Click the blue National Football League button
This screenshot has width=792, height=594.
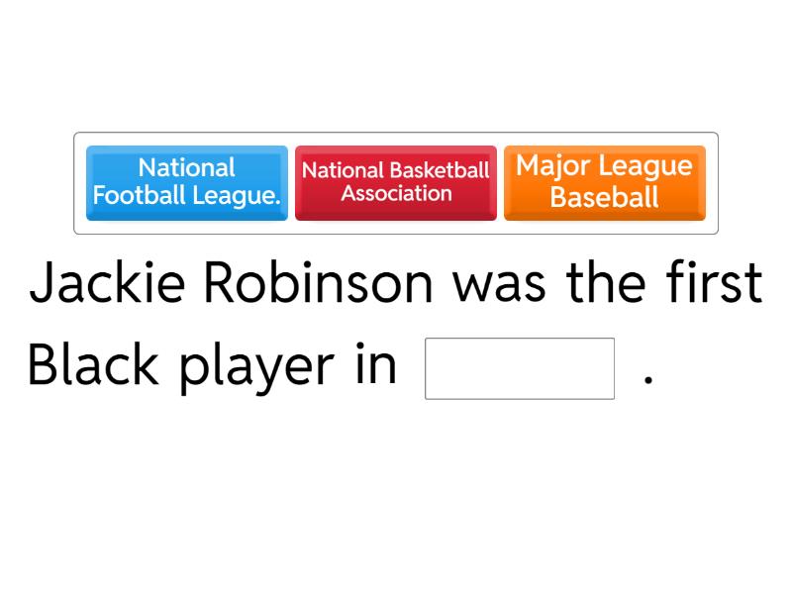tap(187, 183)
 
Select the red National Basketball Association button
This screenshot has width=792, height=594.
tap(396, 183)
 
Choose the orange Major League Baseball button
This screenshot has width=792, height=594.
tap(605, 183)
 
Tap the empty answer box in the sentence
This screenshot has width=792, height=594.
tap(520, 368)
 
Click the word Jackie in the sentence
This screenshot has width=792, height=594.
tap(107, 282)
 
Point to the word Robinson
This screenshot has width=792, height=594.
tap(318, 282)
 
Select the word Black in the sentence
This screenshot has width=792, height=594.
tap(93, 363)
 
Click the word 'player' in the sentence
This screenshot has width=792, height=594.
tap(256, 368)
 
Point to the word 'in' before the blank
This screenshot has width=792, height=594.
tap(376, 363)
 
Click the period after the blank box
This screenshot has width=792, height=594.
tap(648, 380)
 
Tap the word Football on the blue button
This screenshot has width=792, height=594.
tap(140, 195)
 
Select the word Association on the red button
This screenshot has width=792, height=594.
tap(397, 193)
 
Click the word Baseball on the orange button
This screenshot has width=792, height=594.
tap(604, 196)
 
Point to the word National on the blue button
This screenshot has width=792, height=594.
tap(186, 167)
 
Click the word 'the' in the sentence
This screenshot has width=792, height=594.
tap(606, 282)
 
